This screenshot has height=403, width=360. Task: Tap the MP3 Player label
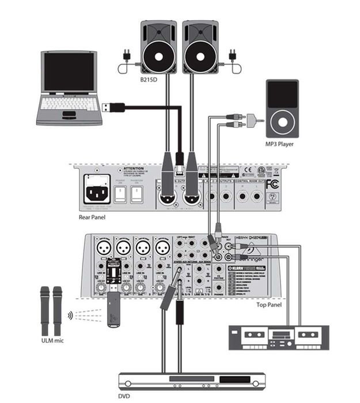pos(279,144)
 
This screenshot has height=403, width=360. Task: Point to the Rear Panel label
pos(93,218)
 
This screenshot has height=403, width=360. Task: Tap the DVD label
pos(124,396)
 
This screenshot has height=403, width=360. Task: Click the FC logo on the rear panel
pos(273,184)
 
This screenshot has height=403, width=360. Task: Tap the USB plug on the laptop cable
pos(114,107)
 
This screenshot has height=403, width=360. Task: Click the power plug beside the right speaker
pos(233,56)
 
